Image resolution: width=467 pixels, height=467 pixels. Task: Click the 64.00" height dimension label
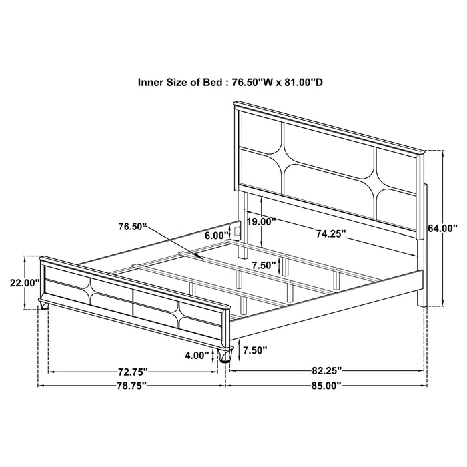[442, 228]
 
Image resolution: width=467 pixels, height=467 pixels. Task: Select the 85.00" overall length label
[326, 385]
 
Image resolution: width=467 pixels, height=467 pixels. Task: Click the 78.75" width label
[131, 385]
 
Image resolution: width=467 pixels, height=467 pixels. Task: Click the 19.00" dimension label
[261, 222]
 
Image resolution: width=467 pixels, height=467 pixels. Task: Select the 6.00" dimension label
[217, 235]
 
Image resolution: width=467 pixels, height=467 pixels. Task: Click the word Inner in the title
[151, 83]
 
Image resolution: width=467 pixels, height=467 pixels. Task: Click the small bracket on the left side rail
[235, 231]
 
